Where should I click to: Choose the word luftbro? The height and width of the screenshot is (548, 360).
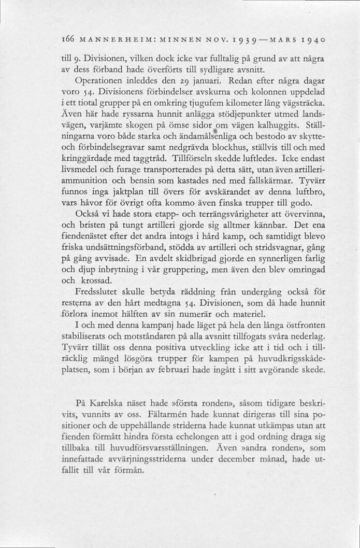310,193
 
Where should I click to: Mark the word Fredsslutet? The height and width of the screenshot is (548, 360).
100,291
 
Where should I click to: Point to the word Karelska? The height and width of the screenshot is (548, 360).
108,402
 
